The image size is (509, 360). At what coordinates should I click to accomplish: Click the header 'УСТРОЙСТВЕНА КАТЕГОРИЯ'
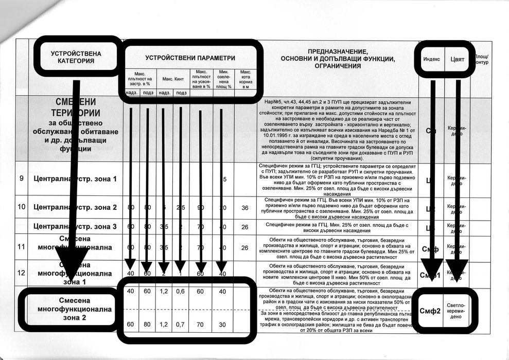coord(76,57)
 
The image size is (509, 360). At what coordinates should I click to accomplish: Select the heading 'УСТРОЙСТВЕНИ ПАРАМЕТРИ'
coord(190,58)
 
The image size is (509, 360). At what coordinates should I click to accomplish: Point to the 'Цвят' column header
coord(458,59)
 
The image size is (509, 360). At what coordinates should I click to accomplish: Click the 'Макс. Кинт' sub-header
coord(173,79)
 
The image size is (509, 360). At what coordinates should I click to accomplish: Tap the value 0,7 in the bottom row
coord(181,325)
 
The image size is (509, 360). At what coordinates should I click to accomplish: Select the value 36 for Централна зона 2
coord(245,208)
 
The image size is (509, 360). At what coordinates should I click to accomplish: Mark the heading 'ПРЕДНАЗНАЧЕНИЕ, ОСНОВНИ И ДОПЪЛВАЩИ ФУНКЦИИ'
coord(338,59)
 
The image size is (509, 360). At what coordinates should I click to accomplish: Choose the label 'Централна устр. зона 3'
coord(75,226)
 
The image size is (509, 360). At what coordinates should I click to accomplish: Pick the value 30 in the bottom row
coord(223,325)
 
